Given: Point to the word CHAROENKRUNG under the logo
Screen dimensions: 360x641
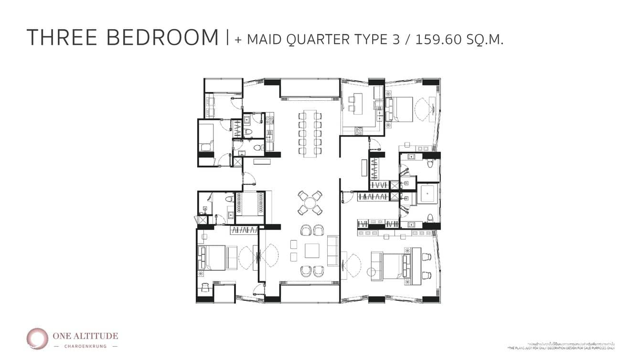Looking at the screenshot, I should click(x=85, y=346).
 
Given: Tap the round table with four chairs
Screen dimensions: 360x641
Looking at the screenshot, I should click(x=310, y=202).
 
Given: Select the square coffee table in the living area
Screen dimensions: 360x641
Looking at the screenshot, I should click(x=312, y=250).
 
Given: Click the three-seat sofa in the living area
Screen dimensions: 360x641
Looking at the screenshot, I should click(x=332, y=250).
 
